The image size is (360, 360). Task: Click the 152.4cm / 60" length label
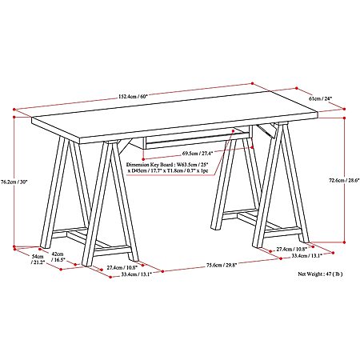click(133, 97)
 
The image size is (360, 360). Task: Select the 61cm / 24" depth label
click(320, 98)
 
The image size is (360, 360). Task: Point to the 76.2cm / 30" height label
click(14, 182)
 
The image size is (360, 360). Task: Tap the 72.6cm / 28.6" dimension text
click(344, 180)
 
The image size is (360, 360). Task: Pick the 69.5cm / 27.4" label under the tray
click(198, 154)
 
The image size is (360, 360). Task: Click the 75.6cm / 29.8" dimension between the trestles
click(222, 265)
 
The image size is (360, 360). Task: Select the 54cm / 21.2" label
click(38, 259)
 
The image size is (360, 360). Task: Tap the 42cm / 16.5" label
click(58, 257)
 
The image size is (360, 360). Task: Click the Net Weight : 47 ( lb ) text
click(320, 274)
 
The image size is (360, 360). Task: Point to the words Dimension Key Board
click(148, 165)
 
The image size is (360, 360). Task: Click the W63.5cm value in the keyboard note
click(184, 165)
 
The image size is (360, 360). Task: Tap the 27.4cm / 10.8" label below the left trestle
click(122, 267)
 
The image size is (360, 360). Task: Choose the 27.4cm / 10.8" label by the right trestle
click(292, 249)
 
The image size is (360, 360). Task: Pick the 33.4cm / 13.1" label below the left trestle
click(137, 274)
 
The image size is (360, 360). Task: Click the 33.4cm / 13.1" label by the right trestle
click(306, 255)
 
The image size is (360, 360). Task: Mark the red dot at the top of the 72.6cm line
click(344, 118)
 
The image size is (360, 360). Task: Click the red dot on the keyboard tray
click(233, 131)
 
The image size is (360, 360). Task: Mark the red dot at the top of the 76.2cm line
click(14, 117)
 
